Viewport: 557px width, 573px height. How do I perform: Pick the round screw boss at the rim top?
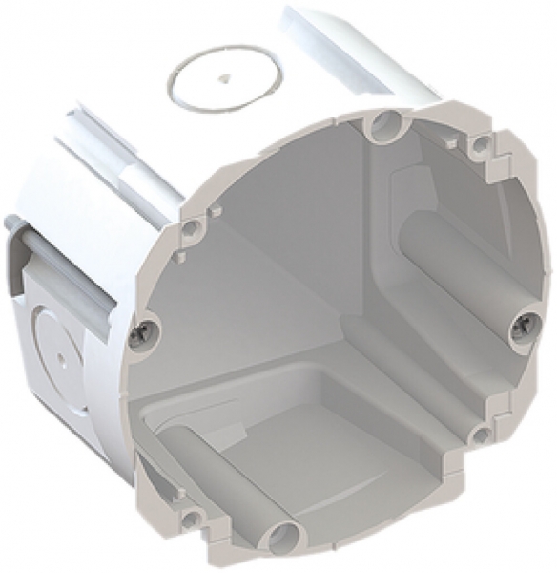coord(385,124)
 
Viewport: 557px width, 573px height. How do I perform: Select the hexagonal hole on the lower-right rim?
coord(481,435)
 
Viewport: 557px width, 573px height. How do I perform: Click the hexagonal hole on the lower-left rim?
coord(194,517)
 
